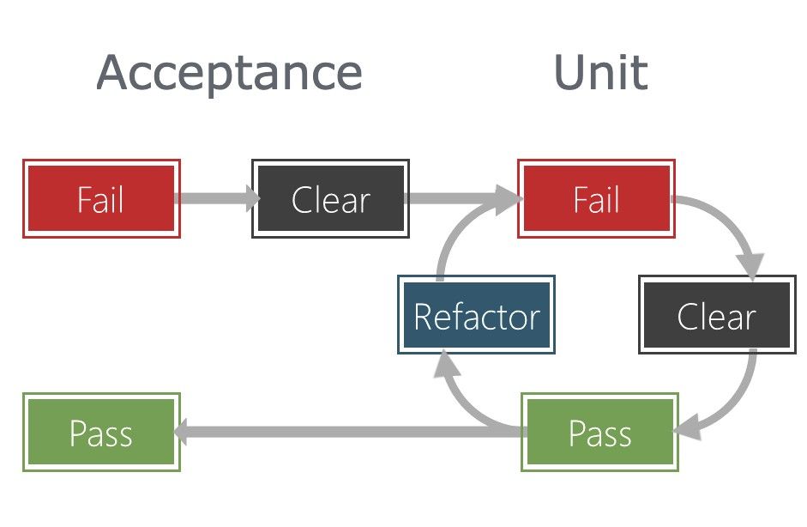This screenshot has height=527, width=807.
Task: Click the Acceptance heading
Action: (x=229, y=72)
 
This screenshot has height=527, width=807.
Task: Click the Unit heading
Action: (x=600, y=72)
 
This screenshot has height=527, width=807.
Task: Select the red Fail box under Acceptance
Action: (x=101, y=198)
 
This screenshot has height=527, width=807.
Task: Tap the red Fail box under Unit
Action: (x=596, y=198)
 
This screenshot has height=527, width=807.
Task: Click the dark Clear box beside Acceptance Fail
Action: (x=330, y=198)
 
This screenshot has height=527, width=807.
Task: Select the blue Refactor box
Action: (x=476, y=315)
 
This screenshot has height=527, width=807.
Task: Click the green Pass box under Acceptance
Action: (x=101, y=433)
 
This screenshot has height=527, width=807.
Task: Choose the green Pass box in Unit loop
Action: (x=599, y=433)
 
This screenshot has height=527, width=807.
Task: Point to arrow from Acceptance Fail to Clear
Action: (x=214, y=199)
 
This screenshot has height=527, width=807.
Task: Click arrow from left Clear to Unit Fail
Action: (x=459, y=199)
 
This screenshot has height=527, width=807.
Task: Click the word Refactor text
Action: (x=476, y=317)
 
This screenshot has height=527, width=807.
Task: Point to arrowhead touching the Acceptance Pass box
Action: (x=184, y=432)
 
